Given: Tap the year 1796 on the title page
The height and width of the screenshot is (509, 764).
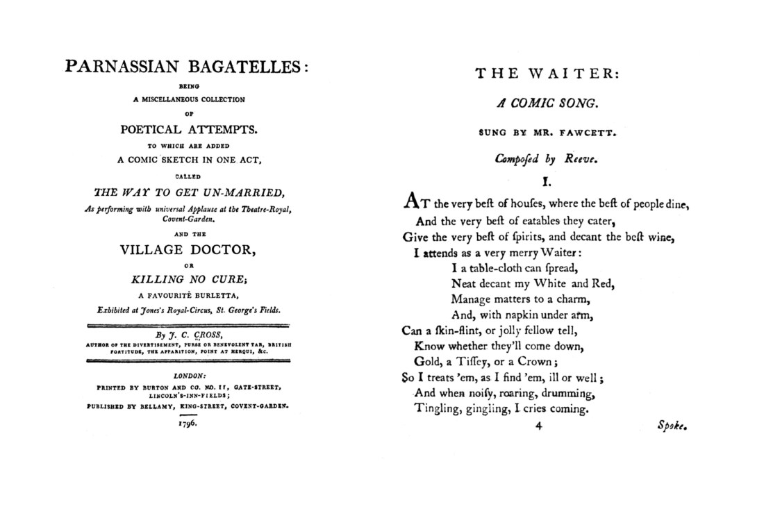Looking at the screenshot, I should pos(188,422).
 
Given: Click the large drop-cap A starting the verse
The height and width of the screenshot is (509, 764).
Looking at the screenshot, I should pos(410,202).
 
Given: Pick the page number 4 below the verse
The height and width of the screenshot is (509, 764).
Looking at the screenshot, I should pos(538,426).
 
